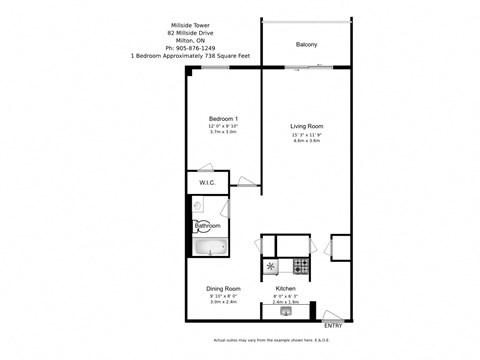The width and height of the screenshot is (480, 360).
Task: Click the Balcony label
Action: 306,45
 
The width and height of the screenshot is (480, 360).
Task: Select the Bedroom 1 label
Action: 222,118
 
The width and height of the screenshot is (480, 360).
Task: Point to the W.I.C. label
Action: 207,183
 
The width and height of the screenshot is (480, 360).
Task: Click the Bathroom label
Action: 207,226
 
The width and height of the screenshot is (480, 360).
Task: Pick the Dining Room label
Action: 223,288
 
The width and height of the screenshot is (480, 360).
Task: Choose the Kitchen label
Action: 286,288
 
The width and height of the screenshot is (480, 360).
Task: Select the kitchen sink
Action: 286,312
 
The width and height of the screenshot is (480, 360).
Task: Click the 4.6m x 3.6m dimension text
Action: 306,141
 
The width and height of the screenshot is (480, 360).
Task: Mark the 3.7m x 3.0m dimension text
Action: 222,133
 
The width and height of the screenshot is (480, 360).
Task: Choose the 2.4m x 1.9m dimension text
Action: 286,301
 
